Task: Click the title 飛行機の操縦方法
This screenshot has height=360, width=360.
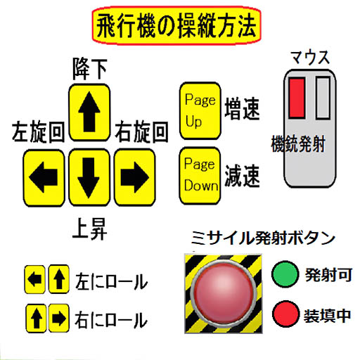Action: pyautogui.click(x=176, y=25)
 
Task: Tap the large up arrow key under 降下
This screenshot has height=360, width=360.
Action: pyautogui.click(x=89, y=112)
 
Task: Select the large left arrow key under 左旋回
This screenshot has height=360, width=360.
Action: pyautogui.click(x=44, y=178)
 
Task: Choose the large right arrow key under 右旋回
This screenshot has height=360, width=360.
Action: pyautogui.click(x=135, y=177)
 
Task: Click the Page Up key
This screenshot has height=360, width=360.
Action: pyautogui.click(x=200, y=111)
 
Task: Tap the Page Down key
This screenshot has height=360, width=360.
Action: pyautogui.click(x=200, y=176)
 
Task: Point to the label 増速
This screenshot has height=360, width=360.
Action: pyautogui.click(x=242, y=109)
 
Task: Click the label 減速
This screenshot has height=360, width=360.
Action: pyautogui.click(x=242, y=176)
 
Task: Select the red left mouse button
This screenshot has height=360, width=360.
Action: pyautogui.click(x=297, y=98)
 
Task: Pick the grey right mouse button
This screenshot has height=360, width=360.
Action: pyautogui.click(x=323, y=98)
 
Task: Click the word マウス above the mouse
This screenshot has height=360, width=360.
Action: pyautogui.click(x=310, y=58)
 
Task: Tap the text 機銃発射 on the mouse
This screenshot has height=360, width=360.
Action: pyautogui.click(x=298, y=144)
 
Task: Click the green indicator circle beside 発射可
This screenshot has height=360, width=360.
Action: pyautogui.click(x=285, y=274)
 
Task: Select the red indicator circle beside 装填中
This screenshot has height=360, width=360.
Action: pyautogui.click(x=285, y=314)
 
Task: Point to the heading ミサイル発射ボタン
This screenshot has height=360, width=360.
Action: pyautogui.click(x=263, y=238)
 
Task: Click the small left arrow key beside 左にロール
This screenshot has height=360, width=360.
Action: pyautogui.click(x=35, y=279)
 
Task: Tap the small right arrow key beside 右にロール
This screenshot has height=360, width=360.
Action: pyautogui.click(x=59, y=319)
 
